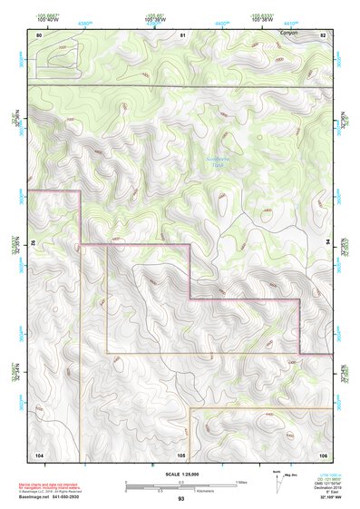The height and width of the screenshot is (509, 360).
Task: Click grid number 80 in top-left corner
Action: click(39, 34)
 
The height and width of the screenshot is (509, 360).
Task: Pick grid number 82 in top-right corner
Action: click(323, 34)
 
